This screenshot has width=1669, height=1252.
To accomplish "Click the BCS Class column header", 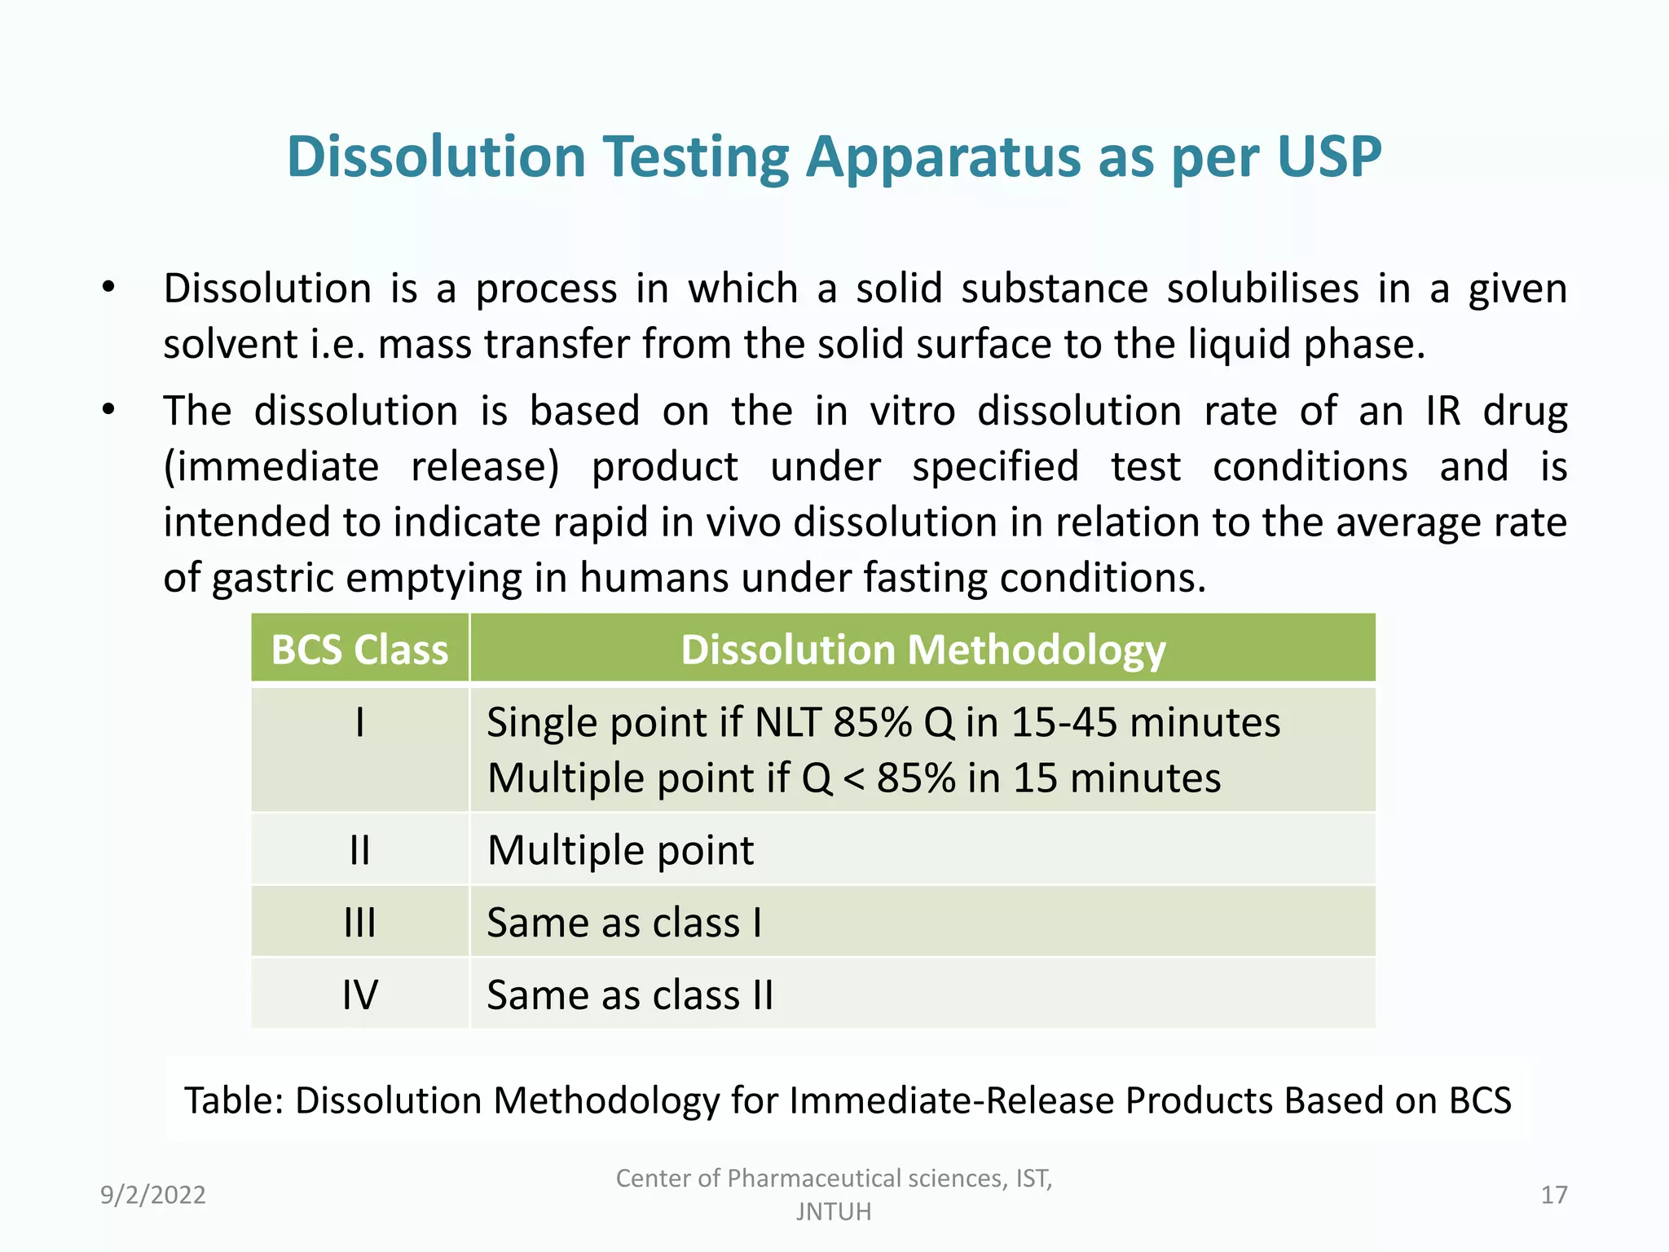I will click(359, 650).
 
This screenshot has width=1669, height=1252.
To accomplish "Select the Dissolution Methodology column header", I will click(923, 650).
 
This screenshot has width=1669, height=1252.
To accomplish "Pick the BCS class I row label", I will click(359, 723).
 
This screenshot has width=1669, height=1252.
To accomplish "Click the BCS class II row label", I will click(359, 850).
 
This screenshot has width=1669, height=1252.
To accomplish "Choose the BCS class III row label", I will click(359, 923).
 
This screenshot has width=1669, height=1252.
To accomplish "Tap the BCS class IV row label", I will click(359, 994).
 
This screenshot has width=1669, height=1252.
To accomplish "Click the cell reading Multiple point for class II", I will click(620, 850).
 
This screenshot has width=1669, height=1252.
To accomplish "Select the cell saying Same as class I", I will click(624, 923).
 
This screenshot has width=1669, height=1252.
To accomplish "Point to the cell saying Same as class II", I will click(629, 994).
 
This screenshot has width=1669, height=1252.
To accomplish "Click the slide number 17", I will click(1554, 1195).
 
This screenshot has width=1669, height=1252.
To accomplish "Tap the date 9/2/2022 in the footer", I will click(153, 1195).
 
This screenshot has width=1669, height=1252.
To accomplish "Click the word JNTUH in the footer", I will click(834, 1212).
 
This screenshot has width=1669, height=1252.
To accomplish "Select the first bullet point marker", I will click(108, 288).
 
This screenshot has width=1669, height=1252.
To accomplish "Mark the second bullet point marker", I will click(108, 410).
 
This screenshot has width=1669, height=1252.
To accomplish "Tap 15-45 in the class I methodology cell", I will click(1064, 723).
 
